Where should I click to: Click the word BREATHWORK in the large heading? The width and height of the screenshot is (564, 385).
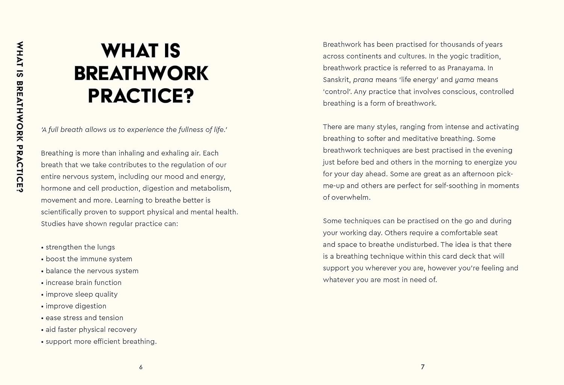[x=141, y=73]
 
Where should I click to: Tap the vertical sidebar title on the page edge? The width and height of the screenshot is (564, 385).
[x=20, y=117]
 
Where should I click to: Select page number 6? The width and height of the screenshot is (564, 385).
[x=141, y=367]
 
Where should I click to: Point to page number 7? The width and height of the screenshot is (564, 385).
[x=423, y=367]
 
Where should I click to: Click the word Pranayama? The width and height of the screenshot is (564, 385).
[x=465, y=68]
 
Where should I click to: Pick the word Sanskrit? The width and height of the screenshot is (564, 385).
[x=337, y=80]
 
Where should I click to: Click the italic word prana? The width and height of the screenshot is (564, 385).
[x=363, y=80]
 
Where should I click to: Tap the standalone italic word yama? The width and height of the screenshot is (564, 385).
[x=464, y=80]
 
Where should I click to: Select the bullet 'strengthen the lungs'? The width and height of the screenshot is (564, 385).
[x=80, y=247]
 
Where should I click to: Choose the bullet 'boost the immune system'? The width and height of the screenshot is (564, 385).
[x=89, y=259]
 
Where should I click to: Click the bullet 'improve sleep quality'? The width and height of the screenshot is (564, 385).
[x=82, y=294]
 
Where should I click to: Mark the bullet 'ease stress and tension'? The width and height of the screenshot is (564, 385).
[x=84, y=318]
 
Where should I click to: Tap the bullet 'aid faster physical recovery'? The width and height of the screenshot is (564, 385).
[x=91, y=330]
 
